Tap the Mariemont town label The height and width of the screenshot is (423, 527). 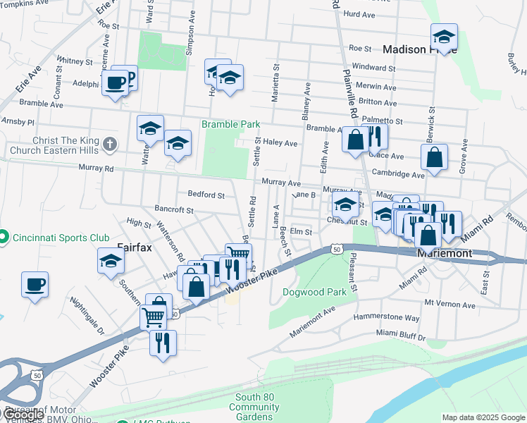(444, 252)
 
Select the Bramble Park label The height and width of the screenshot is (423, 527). (231, 124)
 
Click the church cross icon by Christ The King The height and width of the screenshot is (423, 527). (108, 145)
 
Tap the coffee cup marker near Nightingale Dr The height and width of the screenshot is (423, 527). (35, 286)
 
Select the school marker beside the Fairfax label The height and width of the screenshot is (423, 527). (111, 261)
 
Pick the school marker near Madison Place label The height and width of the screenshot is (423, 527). (444, 36)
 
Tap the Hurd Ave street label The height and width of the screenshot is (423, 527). (359, 14)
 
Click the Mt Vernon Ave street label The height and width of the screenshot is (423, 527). (450, 305)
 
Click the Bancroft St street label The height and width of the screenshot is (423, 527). (173, 210)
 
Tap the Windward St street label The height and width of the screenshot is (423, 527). (373, 68)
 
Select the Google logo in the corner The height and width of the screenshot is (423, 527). (23, 415)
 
